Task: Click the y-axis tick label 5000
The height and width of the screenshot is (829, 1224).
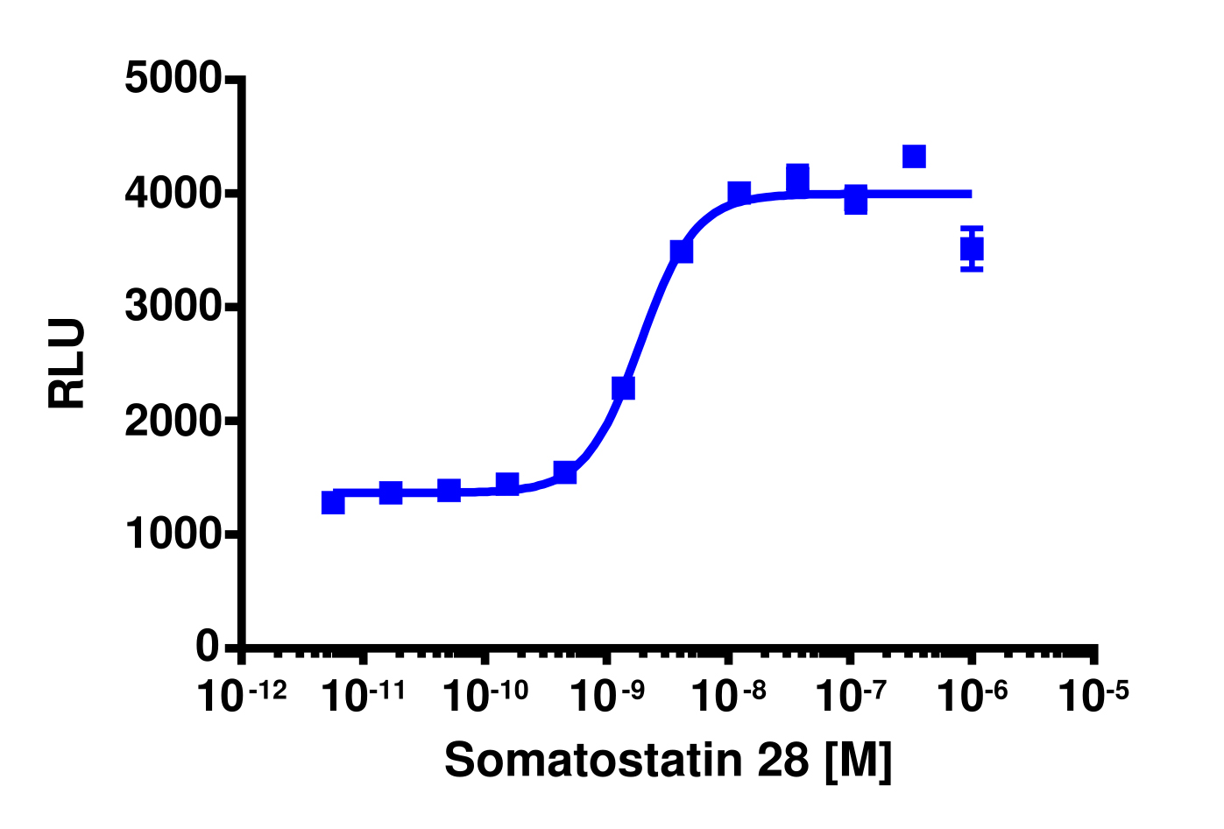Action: (173, 79)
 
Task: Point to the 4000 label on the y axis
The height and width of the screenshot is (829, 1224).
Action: (173, 193)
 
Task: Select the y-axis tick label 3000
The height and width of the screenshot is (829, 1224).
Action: (173, 307)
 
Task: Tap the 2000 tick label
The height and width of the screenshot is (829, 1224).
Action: (173, 422)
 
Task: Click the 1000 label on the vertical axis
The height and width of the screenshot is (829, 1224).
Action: (173, 535)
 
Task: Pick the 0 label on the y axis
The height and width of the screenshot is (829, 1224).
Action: (208, 647)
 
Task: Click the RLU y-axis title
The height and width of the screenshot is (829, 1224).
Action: (67, 363)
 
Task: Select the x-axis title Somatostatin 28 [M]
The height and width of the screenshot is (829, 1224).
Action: (668, 760)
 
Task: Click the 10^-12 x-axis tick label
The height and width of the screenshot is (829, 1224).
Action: (242, 696)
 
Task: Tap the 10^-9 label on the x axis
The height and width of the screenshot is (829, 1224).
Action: (607, 696)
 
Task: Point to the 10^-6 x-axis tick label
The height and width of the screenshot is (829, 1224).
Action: (972, 696)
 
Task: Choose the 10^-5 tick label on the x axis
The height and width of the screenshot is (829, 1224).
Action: (1093, 696)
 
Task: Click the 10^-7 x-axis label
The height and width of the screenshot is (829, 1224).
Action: (850, 696)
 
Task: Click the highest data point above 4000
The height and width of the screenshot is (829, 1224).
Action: (914, 157)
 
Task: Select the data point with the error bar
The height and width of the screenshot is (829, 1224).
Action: (972, 250)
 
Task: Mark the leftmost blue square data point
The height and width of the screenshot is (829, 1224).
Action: (333, 502)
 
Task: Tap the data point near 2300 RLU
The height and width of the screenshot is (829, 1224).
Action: (623, 388)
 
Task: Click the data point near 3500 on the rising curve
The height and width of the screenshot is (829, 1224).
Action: (682, 252)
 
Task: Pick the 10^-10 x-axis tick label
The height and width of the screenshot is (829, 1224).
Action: (485, 696)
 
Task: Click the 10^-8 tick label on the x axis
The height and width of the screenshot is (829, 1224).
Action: (728, 696)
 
